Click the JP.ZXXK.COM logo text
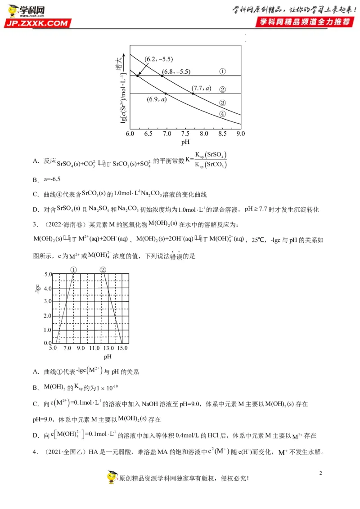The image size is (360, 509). pos(38,23)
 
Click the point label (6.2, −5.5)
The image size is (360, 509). pos(159,59)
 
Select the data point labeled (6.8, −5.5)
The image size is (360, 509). pos(162,76)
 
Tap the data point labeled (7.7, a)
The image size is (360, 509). pos(193,94)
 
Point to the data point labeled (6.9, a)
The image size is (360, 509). pos(166,94)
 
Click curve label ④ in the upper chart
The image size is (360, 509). pos(222,114)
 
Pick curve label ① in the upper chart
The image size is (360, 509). pos(222,71)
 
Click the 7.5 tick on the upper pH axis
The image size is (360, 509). pos(185,134)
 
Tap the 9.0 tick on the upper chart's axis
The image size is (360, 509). pos(240,134)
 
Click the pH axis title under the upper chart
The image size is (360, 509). pos(185,142)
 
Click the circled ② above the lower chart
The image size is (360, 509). pos(103,270)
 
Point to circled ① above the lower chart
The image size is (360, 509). pos(74,270)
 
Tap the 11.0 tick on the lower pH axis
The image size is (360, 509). pos(94,348)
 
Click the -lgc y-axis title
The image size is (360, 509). pos(38,288)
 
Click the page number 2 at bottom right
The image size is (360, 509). pos(321,473)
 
